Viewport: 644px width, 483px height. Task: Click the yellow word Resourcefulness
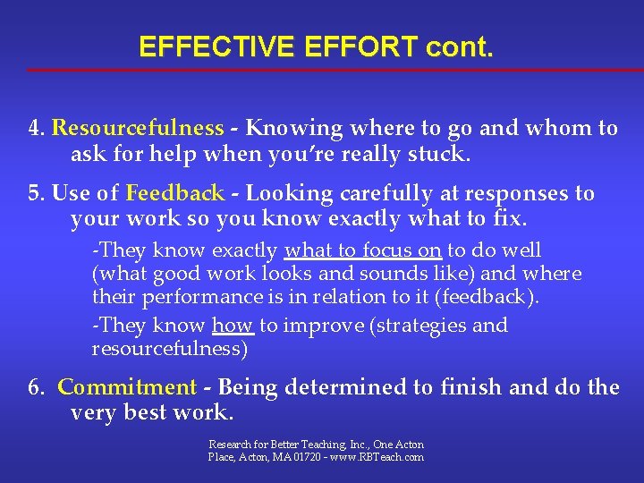(138, 128)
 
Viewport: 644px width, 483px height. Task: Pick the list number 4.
(35, 128)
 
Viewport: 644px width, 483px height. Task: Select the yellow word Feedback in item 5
(175, 193)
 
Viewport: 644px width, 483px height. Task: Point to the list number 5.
(35, 193)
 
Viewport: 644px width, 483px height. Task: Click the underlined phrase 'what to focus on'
(362, 251)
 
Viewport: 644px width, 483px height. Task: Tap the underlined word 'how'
(233, 326)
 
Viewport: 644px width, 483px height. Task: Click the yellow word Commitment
(127, 387)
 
